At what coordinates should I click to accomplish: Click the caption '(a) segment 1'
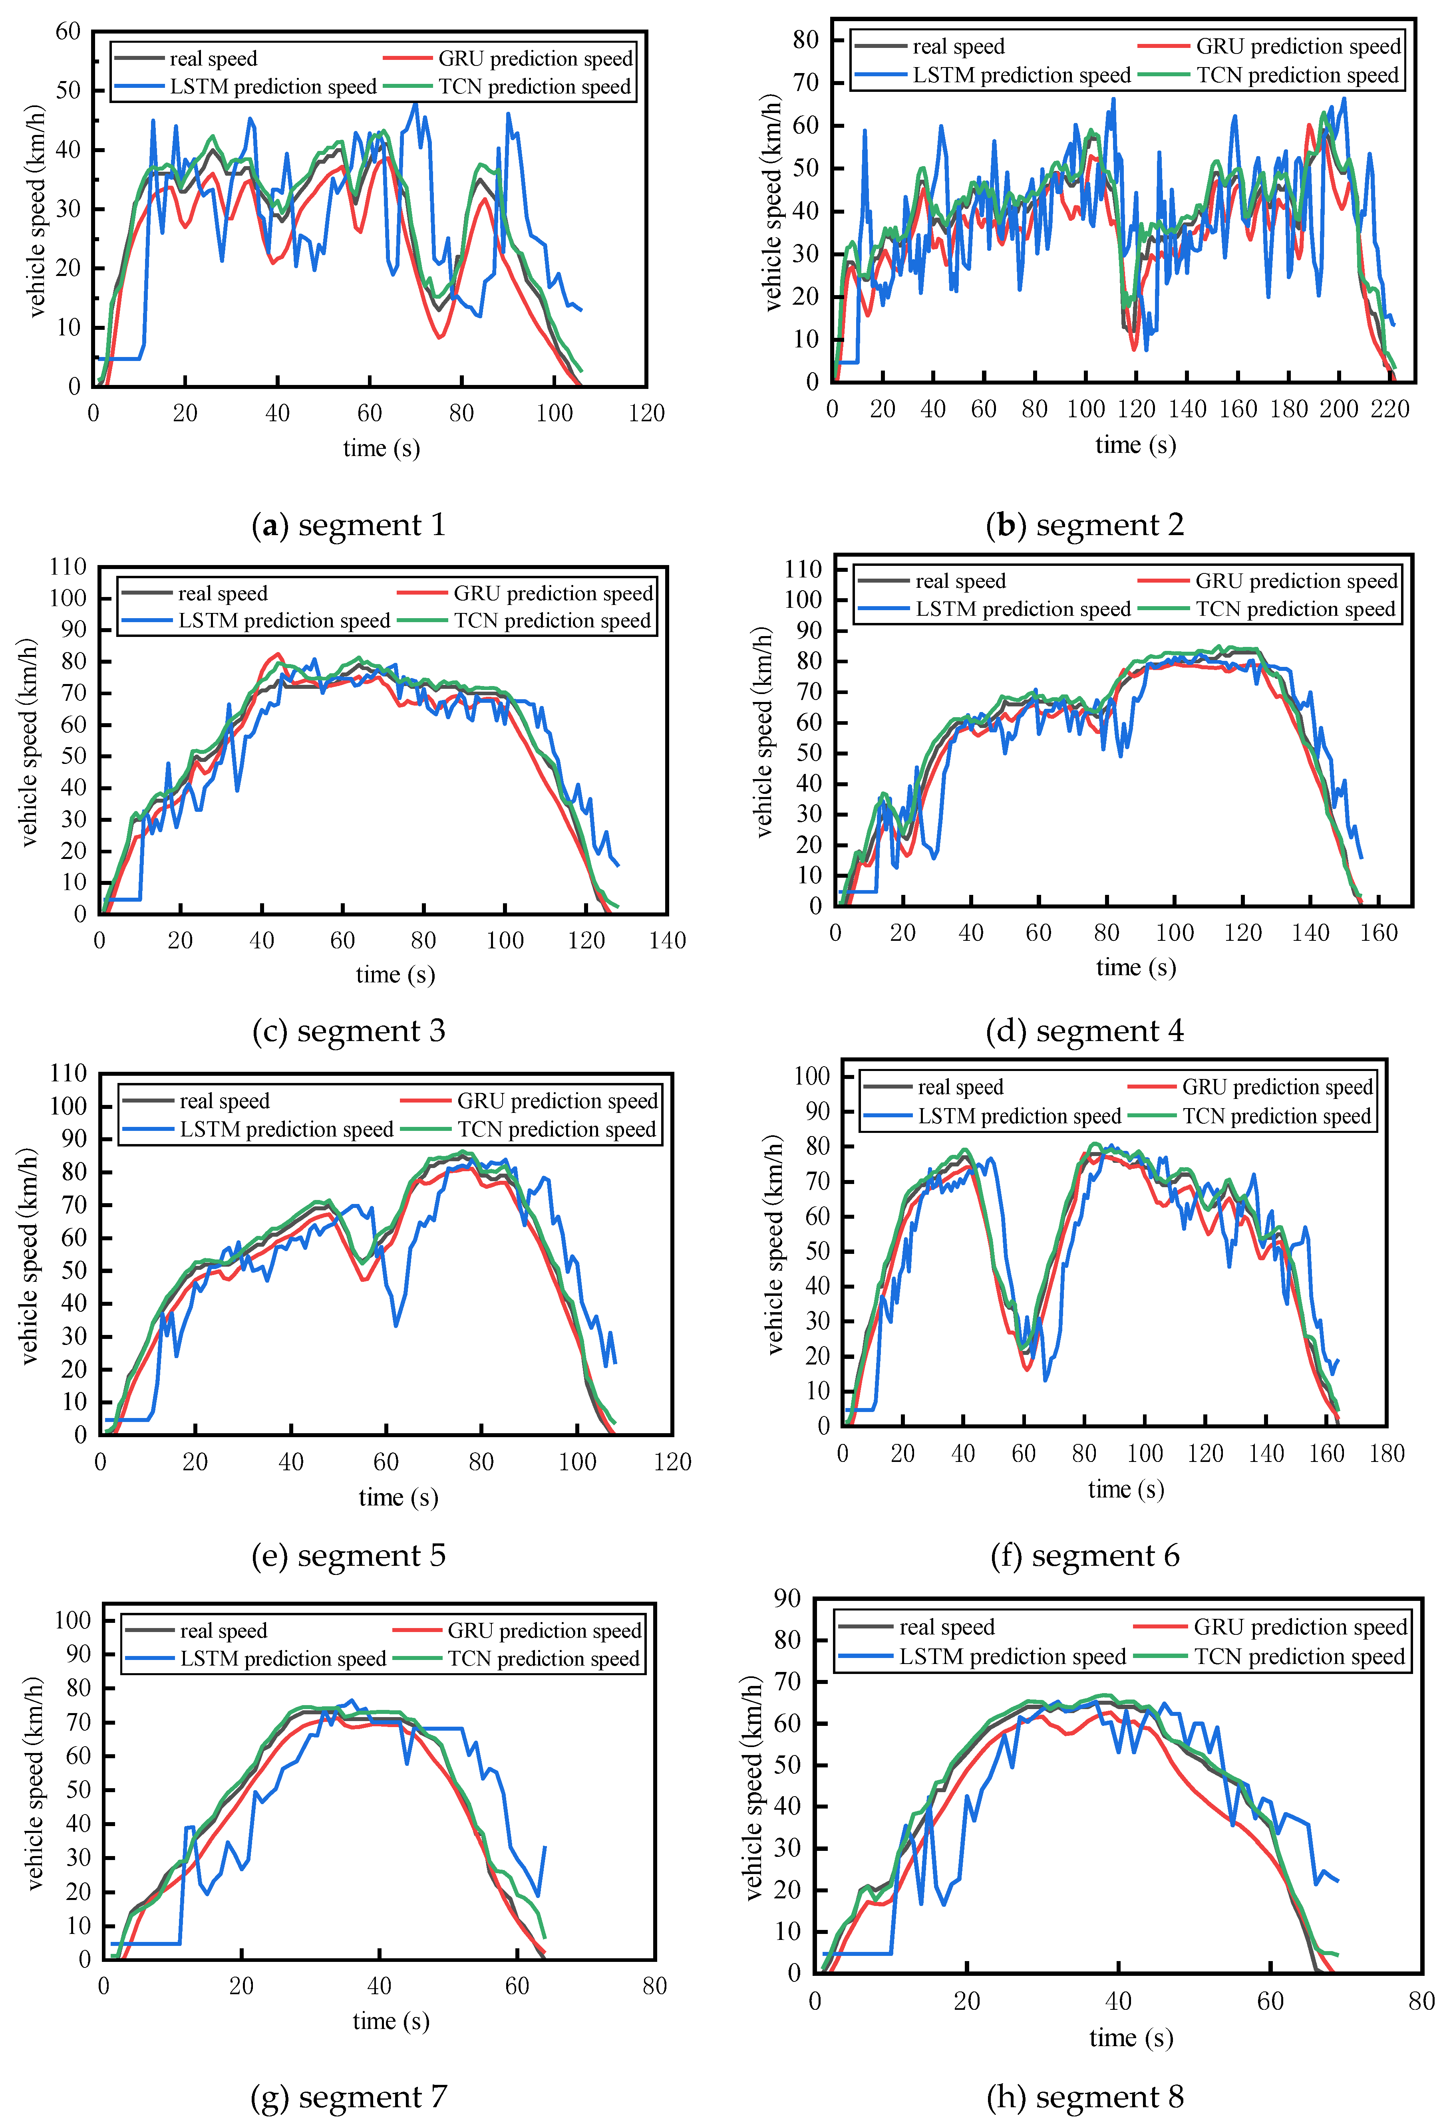coord(349,525)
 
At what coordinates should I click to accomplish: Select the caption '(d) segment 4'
coord(1085,1031)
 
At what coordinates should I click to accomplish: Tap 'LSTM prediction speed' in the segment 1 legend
coord(273,87)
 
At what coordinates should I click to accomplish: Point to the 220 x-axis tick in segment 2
coord(1389,409)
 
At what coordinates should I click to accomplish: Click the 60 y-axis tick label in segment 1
coord(69,32)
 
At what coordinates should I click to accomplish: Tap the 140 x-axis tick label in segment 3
coord(667,940)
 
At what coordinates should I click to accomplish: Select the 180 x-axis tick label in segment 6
coord(1386,1454)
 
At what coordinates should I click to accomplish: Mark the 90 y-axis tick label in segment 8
coord(787,1598)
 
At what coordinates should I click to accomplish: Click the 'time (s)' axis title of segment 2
coord(1135,446)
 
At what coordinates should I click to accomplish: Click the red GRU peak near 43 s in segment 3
coord(276,654)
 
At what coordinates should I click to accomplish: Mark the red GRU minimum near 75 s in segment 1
coord(440,337)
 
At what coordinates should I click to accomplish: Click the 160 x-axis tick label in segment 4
coord(1378,933)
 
